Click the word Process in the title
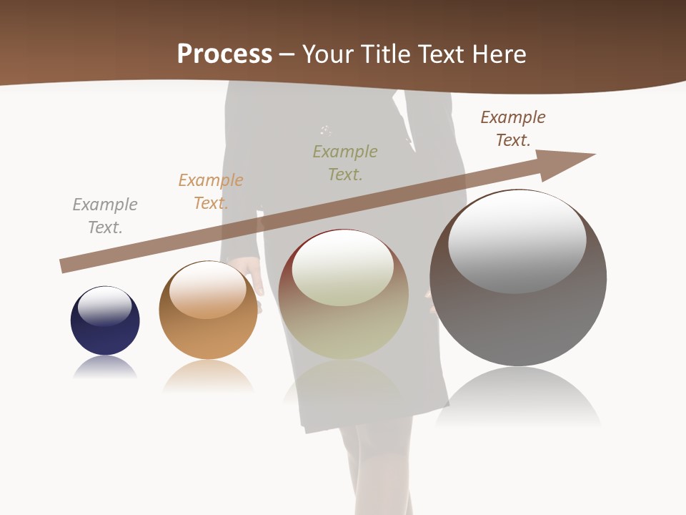[x=224, y=54]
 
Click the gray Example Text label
[x=105, y=216]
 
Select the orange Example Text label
[x=211, y=192]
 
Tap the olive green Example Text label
[x=345, y=162]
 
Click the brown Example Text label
[x=513, y=129]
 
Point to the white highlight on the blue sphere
[x=105, y=305]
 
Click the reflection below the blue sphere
[x=105, y=368]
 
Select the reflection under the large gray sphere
[x=518, y=397]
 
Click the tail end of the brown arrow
[x=66, y=266]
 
